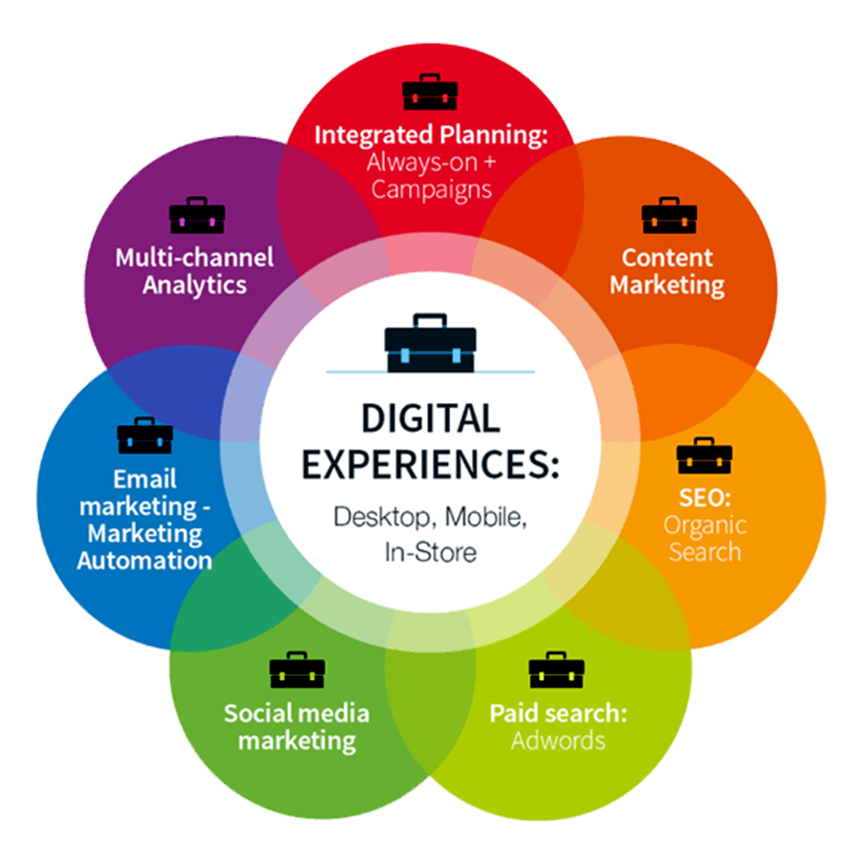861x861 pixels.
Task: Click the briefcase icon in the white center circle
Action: (x=430, y=343)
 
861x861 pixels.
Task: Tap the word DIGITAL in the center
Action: (x=430, y=418)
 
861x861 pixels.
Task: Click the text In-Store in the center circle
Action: (x=430, y=552)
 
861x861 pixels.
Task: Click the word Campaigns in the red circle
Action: (x=431, y=189)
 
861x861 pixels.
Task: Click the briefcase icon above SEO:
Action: (x=704, y=455)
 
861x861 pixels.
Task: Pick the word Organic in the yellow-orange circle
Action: (x=704, y=524)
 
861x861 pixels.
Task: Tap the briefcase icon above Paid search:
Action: (x=556, y=670)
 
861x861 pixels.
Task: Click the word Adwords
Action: (x=558, y=740)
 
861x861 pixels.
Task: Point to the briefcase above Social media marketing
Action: (x=297, y=670)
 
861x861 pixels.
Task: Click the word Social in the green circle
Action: (x=257, y=713)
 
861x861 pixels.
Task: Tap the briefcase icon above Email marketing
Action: (x=145, y=436)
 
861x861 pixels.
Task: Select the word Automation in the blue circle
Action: (x=145, y=561)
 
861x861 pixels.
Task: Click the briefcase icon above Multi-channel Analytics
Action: (x=197, y=215)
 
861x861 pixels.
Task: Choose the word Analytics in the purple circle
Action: (x=195, y=285)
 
